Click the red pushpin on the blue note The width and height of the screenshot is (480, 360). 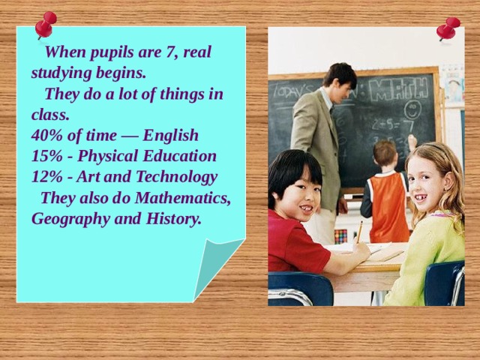[x=45, y=24]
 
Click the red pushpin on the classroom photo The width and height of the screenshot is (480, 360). [x=448, y=28]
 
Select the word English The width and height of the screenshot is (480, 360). [x=170, y=136]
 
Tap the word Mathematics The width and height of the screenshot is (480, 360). [x=184, y=199]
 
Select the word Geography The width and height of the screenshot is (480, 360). [x=69, y=219]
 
